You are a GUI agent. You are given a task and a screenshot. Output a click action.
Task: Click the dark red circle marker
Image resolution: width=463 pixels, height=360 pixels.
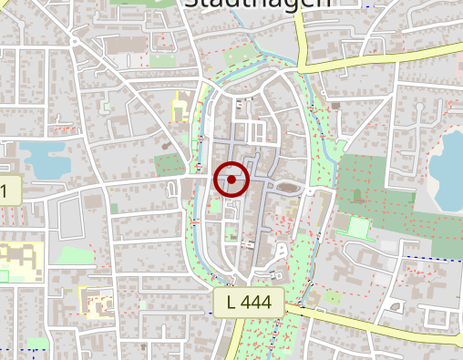232,180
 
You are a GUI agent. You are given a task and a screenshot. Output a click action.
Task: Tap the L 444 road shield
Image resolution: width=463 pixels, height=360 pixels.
249,303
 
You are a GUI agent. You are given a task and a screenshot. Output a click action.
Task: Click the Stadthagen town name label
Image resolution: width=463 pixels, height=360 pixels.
257,5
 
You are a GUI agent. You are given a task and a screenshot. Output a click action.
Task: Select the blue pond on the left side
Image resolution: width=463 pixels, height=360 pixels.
42,157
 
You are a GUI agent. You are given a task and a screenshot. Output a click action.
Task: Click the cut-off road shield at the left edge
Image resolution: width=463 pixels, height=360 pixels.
8,192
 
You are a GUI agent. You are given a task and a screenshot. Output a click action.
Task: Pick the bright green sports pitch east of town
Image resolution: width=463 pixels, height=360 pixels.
359,228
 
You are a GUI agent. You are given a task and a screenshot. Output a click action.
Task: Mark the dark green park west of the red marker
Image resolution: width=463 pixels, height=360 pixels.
170,165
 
